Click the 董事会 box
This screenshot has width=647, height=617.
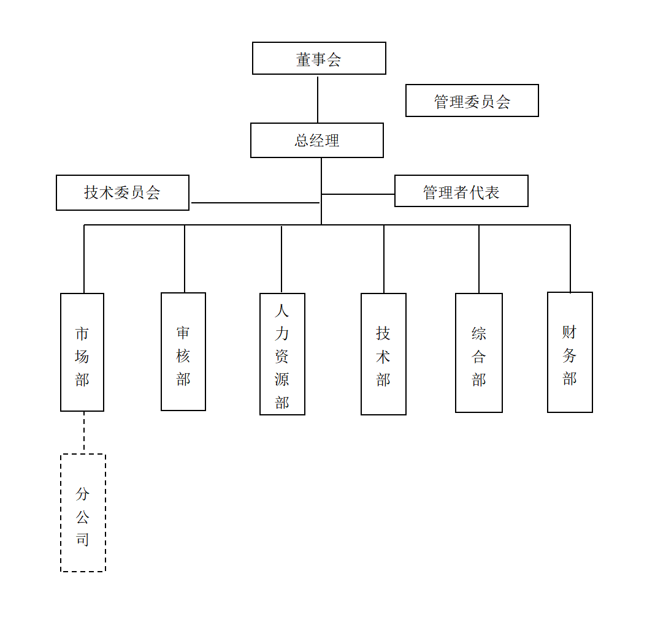point(319,59)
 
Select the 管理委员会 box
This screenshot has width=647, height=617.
point(472,101)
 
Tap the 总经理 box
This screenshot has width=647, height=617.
point(317,140)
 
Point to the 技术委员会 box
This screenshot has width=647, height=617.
point(123,193)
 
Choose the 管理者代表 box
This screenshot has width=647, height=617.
point(461,191)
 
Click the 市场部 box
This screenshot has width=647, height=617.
point(82,352)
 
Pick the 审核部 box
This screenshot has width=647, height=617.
point(183,352)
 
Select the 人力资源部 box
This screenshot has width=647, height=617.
point(282,354)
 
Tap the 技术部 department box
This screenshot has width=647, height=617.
point(383,354)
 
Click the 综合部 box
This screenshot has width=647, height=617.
point(479,353)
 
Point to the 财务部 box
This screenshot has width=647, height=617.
point(570,352)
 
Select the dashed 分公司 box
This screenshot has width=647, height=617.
point(83,513)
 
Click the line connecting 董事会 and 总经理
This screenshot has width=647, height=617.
point(318,99)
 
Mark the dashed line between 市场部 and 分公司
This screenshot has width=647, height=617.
point(84,433)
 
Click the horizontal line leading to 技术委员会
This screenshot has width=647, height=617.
point(255,203)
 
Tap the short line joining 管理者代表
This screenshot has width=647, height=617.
point(358,194)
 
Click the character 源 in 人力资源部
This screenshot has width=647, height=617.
point(282,380)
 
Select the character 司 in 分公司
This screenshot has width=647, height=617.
point(83,539)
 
